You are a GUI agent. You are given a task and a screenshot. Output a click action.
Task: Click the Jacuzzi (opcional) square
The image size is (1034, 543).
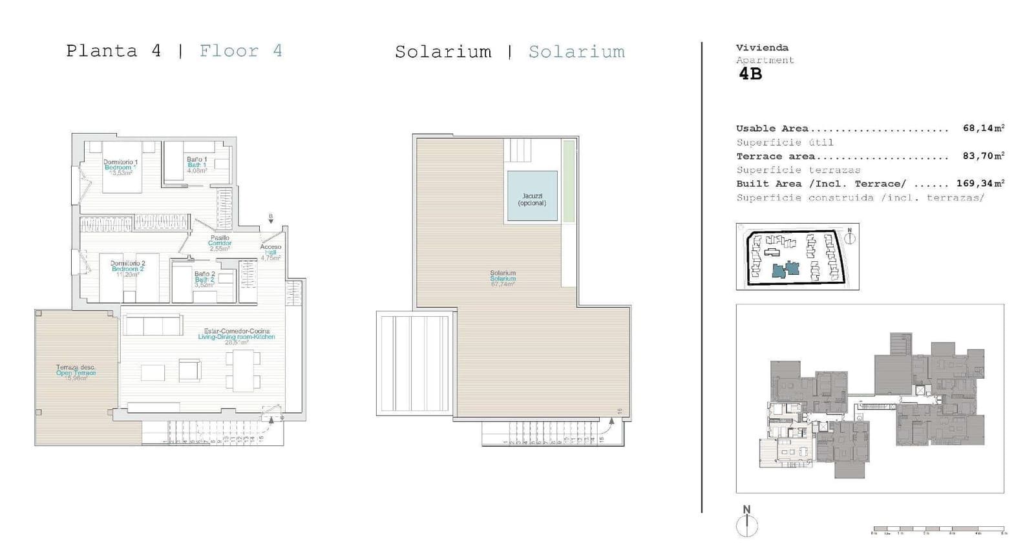tap(532, 196)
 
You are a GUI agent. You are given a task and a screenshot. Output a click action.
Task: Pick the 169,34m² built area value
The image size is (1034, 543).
tap(980, 183)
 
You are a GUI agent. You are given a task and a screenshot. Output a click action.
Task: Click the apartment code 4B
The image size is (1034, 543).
tap(750, 74)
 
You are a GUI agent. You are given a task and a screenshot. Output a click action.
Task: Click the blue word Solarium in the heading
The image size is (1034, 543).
tap(576, 52)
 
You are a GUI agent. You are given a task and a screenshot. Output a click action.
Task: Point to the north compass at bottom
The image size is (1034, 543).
tap(746, 522)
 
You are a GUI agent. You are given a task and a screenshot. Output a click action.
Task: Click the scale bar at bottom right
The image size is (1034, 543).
tap(938, 529)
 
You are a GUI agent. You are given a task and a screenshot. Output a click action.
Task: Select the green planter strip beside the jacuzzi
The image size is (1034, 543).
tap(568, 182)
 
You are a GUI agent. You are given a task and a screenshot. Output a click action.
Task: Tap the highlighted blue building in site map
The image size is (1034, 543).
tap(786, 268)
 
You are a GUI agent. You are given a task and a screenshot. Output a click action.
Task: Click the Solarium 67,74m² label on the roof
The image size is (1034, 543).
tap(502, 279)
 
